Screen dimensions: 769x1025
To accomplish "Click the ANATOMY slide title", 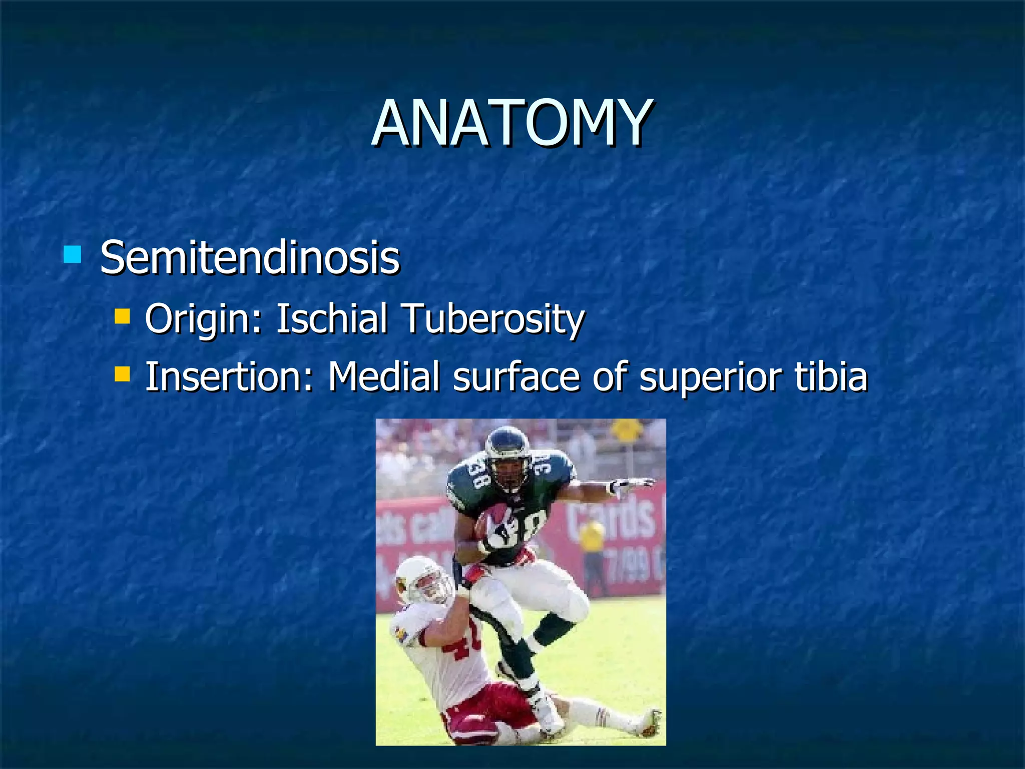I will [x=511, y=124].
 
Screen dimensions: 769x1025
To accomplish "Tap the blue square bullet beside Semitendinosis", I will [x=73, y=254].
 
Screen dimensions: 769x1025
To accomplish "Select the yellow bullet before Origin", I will [x=122, y=316].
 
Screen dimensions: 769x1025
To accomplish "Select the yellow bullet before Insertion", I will [x=122, y=373].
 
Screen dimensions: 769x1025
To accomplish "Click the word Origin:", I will [x=203, y=319].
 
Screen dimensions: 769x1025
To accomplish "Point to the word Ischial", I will [x=332, y=318].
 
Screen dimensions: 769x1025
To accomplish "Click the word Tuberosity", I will [x=493, y=319].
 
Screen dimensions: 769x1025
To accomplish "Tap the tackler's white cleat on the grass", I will [x=648, y=723].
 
